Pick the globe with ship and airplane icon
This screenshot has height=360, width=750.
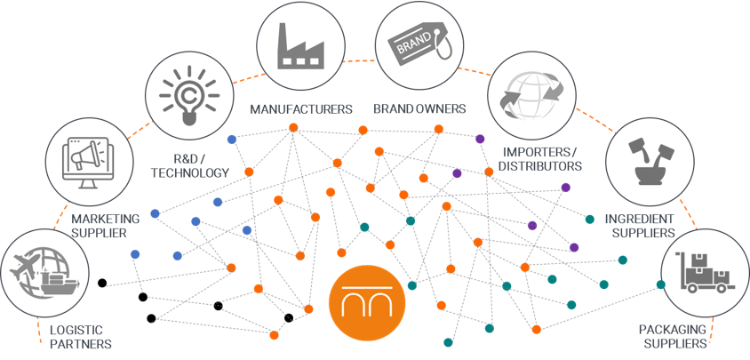pos(40,272)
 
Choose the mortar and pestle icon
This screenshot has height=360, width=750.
pos(644,165)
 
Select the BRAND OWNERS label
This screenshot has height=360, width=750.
pos(419,110)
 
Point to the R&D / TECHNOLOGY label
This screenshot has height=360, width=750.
pos(190,166)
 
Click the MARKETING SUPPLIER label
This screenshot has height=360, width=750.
pos(106,226)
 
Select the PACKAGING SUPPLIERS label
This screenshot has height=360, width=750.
pos(674,337)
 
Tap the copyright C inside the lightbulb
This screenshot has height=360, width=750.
pos(186,90)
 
